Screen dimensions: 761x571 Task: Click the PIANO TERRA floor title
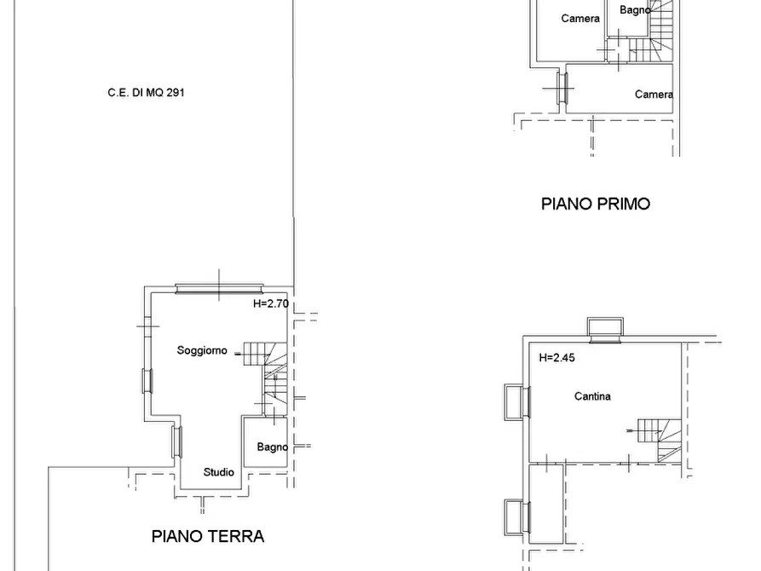(208, 536)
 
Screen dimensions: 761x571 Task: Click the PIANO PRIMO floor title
(596, 204)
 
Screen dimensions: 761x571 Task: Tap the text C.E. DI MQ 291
(146, 92)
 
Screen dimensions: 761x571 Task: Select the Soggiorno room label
(202, 350)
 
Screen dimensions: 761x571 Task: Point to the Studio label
(218, 472)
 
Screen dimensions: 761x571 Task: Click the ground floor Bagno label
(272, 447)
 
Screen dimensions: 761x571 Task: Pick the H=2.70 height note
(271, 303)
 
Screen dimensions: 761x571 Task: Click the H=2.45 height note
(556, 358)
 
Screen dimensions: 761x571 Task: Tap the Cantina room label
(592, 396)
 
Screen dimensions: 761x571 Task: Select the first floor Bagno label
(635, 9)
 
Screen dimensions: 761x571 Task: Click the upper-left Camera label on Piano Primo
(580, 19)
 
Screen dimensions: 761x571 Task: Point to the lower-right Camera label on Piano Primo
(654, 95)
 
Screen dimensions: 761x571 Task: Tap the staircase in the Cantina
(660, 440)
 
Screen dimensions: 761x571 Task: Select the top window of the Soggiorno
(219, 289)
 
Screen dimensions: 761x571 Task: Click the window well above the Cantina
(605, 330)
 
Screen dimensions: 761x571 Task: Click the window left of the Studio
(177, 441)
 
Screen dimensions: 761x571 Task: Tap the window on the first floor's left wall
(562, 88)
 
